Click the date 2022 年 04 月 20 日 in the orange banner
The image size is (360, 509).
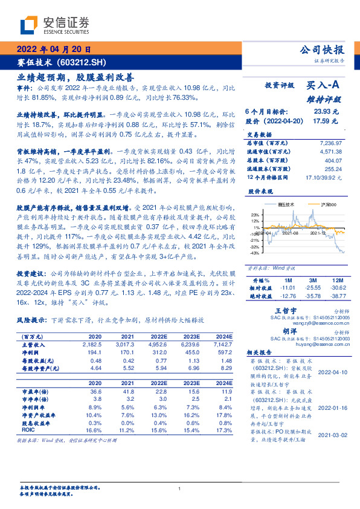pyautogui.click(x=54, y=50)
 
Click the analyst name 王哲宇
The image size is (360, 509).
pyautogui.click(x=275, y=309)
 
